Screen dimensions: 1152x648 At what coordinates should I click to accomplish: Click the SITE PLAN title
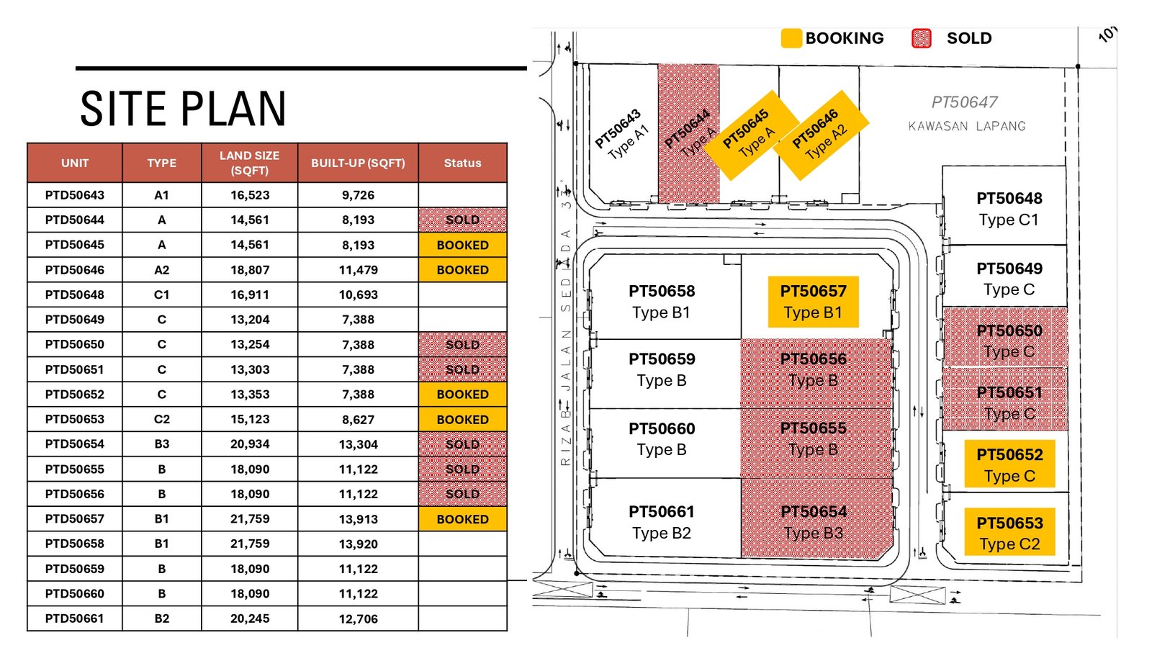pos(183,109)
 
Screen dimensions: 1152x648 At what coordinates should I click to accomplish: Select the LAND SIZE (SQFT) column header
pos(249,163)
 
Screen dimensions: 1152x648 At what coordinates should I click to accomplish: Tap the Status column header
pos(462,163)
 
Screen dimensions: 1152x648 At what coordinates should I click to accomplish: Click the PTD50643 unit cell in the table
pos(75,195)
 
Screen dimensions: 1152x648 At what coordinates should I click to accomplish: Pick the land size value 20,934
pos(249,444)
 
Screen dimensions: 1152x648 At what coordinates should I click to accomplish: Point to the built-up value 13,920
pos(358,544)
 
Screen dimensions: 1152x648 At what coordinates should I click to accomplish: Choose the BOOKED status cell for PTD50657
pos(462,519)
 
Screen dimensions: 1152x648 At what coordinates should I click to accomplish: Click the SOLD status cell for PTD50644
pos(462,220)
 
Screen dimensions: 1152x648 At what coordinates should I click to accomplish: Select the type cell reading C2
pos(161,419)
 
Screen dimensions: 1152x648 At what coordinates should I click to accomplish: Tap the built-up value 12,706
pos(358,618)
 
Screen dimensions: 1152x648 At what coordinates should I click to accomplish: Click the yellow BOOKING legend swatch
pos(791,38)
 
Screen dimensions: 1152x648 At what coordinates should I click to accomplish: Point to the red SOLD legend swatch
pos(921,38)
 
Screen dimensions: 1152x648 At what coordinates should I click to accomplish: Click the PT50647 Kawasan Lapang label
pos(966,113)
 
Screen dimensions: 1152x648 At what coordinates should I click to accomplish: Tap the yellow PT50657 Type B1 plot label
pos(813,302)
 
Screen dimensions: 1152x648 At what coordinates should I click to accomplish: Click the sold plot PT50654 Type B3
pos(816,518)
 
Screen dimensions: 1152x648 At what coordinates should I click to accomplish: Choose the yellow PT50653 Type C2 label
pos(1009,532)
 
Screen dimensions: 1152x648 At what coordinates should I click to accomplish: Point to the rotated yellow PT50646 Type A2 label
pos(821,135)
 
